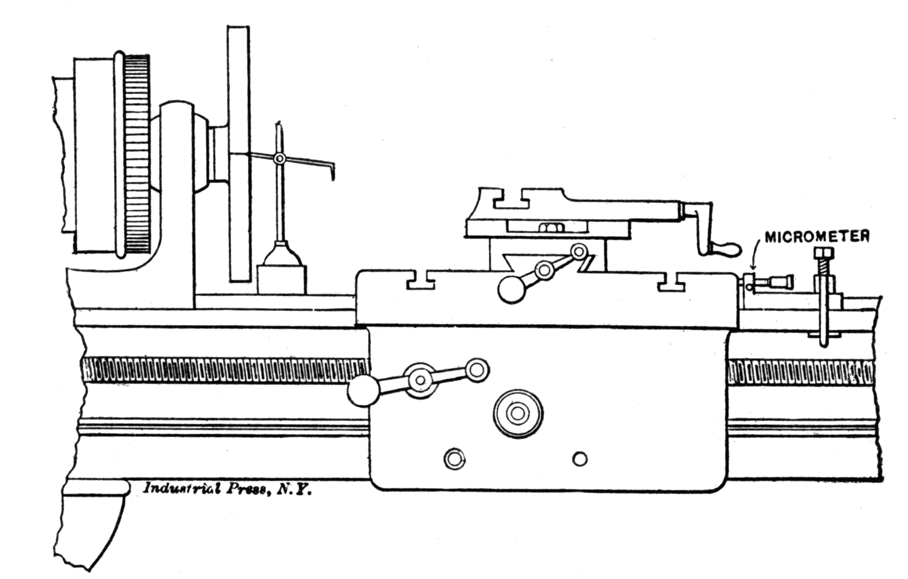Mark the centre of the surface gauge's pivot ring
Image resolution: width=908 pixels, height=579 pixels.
click(x=279, y=158)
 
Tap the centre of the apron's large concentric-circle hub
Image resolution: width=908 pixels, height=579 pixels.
click(x=518, y=414)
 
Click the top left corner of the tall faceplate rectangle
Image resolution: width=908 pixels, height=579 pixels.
click(x=228, y=26)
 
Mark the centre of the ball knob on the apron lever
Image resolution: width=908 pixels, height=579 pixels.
click(x=363, y=391)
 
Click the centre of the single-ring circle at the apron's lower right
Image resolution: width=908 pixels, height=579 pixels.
click(x=580, y=459)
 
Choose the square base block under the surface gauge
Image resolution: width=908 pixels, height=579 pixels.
click(x=282, y=280)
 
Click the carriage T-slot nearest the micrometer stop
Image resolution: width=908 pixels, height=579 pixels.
click(x=671, y=281)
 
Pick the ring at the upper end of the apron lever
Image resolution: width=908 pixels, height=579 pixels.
click(x=477, y=369)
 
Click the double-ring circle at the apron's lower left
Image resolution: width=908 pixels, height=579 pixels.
click(x=454, y=459)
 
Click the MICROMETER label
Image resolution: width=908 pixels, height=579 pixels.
click(x=817, y=237)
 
